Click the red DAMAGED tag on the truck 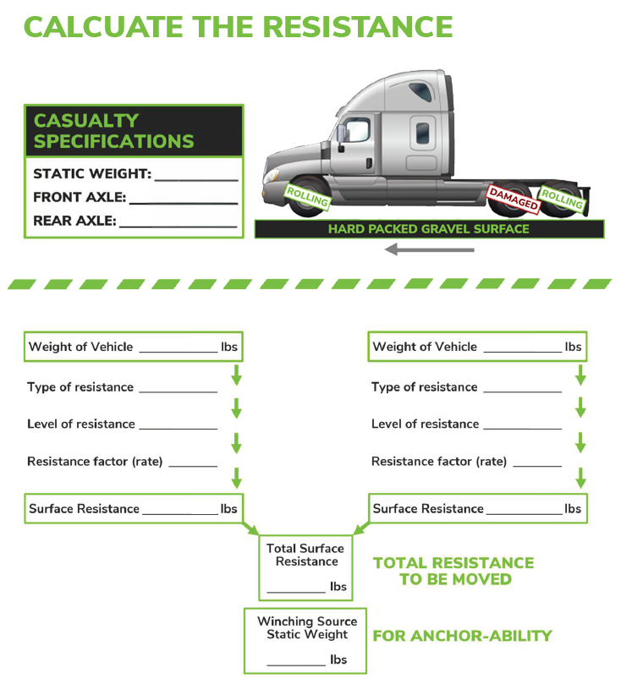pyautogui.click(x=514, y=199)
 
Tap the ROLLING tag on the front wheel pyautogui.click(x=307, y=196)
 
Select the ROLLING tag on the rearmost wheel pyautogui.click(x=563, y=199)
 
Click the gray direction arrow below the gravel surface pyautogui.click(x=430, y=249)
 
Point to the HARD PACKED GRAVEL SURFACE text pyautogui.click(x=428, y=229)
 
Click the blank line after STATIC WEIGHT pyautogui.click(x=196, y=180)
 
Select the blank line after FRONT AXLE pyautogui.click(x=184, y=204)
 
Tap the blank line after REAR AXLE pyautogui.click(x=179, y=227)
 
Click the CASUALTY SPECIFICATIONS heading pyautogui.click(x=113, y=131)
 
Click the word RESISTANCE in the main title pyautogui.click(x=358, y=27)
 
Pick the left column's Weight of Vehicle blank pyautogui.click(x=179, y=352)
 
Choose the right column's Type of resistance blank pyautogui.click(x=523, y=391)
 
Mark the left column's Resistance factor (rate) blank pyautogui.click(x=193, y=466)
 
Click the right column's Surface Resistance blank pyautogui.click(x=525, y=514)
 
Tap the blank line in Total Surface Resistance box pyautogui.click(x=296, y=592)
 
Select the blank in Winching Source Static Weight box pyautogui.click(x=296, y=665)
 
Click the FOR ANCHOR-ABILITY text pyautogui.click(x=462, y=636)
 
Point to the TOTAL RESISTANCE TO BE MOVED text pyautogui.click(x=453, y=571)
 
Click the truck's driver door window pyautogui.click(x=358, y=129)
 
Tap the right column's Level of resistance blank pyautogui.click(x=523, y=429)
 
